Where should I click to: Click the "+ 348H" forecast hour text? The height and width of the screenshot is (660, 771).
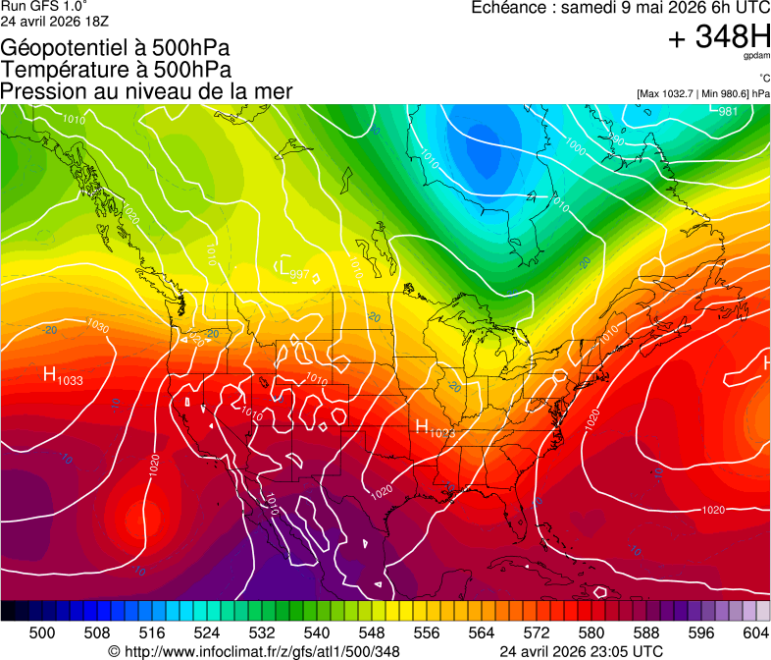click(718, 37)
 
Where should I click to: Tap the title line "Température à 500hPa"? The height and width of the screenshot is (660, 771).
click(116, 70)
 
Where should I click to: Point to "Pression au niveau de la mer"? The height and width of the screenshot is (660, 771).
click(146, 91)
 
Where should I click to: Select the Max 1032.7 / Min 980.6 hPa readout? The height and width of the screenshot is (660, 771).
click(702, 93)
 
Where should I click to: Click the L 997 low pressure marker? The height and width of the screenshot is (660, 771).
click(293, 267)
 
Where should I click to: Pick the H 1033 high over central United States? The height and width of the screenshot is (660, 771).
click(435, 427)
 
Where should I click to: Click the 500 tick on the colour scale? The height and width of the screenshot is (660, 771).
click(42, 632)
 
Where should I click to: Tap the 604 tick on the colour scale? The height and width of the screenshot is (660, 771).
click(755, 632)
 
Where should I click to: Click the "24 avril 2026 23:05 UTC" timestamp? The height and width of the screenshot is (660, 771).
click(581, 651)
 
